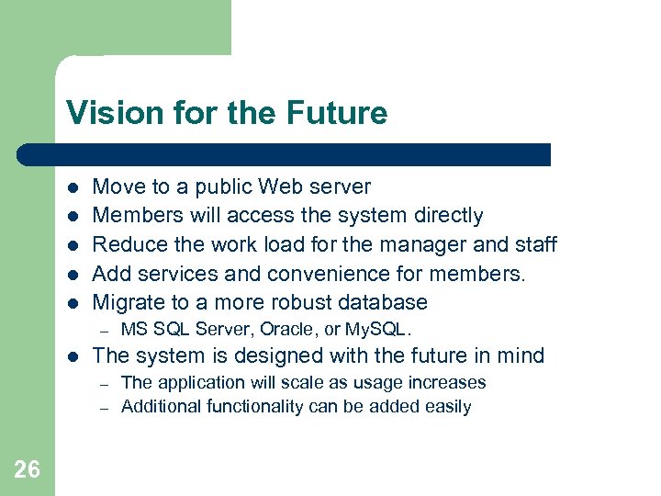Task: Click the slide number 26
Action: pyautogui.click(x=28, y=470)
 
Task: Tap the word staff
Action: pyautogui.click(x=534, y=244)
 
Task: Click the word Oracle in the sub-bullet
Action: pyautogui.click(x=288, y=329)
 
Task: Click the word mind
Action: pyautogui.click(x=519, y=355)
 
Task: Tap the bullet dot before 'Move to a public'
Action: pyautogui.click(x=73, y=186)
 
